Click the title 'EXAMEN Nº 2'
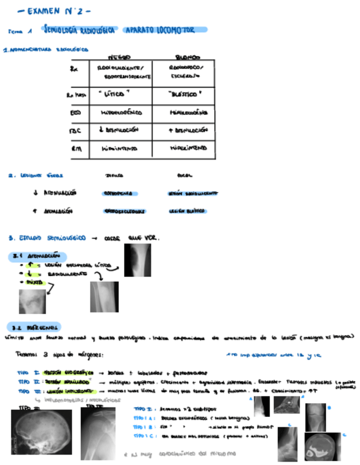click(x=53, y=10)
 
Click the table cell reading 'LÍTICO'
click(x=118, y=94)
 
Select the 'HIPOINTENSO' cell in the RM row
click(x=119, y=148)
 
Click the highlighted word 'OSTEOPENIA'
click(x=120, y=194)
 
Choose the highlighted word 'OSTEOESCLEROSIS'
click(x=125, y=211)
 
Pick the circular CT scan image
click(x=322, y=446)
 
